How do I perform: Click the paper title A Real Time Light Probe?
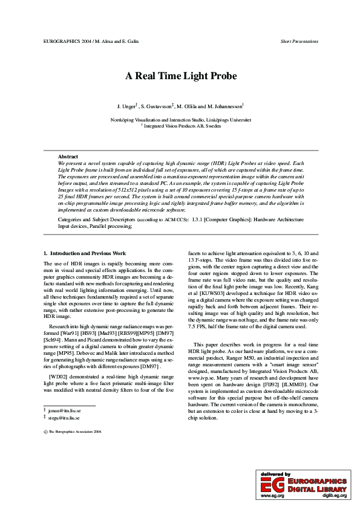(x=180, y=76)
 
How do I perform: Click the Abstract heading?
(x=68, y=157)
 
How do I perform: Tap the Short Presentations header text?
(x=299, y=42)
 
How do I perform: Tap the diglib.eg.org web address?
(x=334, y=495)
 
